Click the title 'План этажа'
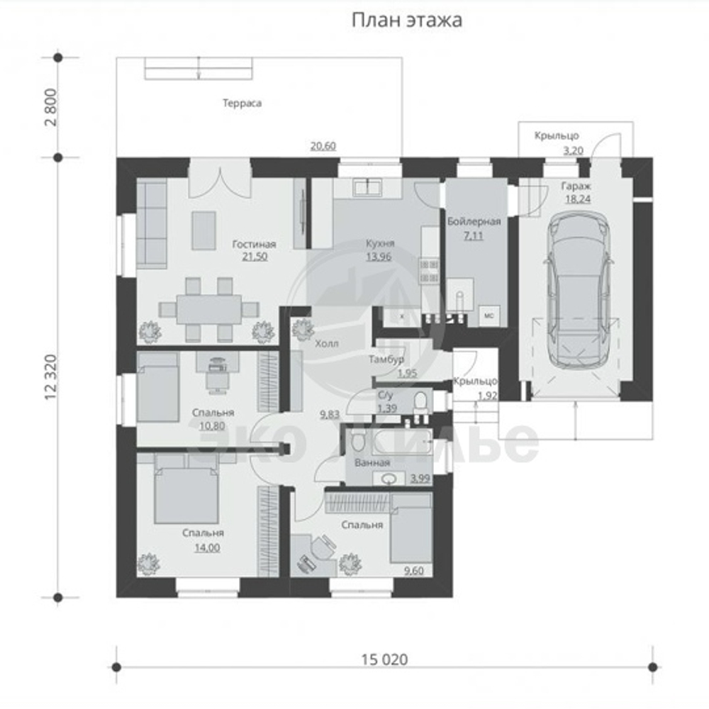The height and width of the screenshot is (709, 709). coord(407,21)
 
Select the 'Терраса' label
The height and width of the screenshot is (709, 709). coord(242,103)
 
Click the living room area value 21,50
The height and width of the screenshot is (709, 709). coord(254,257)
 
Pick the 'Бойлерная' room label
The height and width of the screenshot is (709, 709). coord(474,222)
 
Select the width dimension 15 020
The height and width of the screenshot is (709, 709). coord(384,659)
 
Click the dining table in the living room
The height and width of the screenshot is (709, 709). coord(209,309)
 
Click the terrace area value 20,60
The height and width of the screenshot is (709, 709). coord(323,146)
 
